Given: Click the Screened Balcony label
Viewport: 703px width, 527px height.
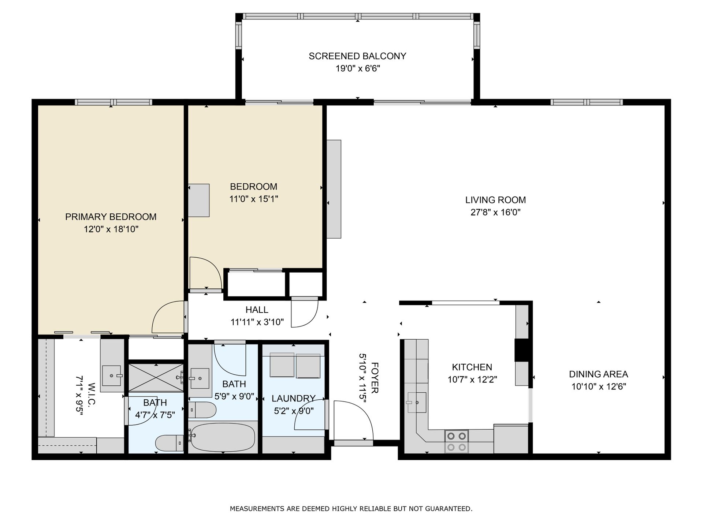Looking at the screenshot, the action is (x=357, y=56).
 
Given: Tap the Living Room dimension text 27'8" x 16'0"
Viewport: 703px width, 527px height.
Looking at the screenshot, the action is (x=495, y=212).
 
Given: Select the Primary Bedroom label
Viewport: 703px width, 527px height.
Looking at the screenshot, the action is (x=111, y=217).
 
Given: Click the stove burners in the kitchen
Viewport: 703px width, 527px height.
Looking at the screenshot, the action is (x=457, y=441).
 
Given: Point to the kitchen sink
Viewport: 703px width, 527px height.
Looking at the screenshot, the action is (x=417, y=403).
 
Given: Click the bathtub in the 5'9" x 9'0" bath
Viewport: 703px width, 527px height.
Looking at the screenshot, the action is (x=223, y=437).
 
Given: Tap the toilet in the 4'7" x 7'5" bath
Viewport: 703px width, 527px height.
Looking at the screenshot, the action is (x=169, y=443).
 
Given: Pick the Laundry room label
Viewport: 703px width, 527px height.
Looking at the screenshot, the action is (x=294, y=398).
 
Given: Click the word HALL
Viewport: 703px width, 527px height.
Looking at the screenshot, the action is (x=257, y=310).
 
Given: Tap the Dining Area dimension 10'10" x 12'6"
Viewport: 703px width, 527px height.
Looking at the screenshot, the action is (x=599, y=386).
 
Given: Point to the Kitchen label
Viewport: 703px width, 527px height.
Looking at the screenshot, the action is (x=472, y=367).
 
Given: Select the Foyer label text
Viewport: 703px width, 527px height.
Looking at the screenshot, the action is (x=374, y=378).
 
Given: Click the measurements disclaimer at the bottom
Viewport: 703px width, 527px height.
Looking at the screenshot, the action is (x=351, y=508).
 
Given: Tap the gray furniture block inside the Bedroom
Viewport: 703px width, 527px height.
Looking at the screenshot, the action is (x=199, y=201).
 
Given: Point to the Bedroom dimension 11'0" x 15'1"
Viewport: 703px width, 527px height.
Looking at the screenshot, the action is (x=254, y=199).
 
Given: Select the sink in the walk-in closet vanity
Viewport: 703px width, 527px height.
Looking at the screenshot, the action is (x=112, y=375).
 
